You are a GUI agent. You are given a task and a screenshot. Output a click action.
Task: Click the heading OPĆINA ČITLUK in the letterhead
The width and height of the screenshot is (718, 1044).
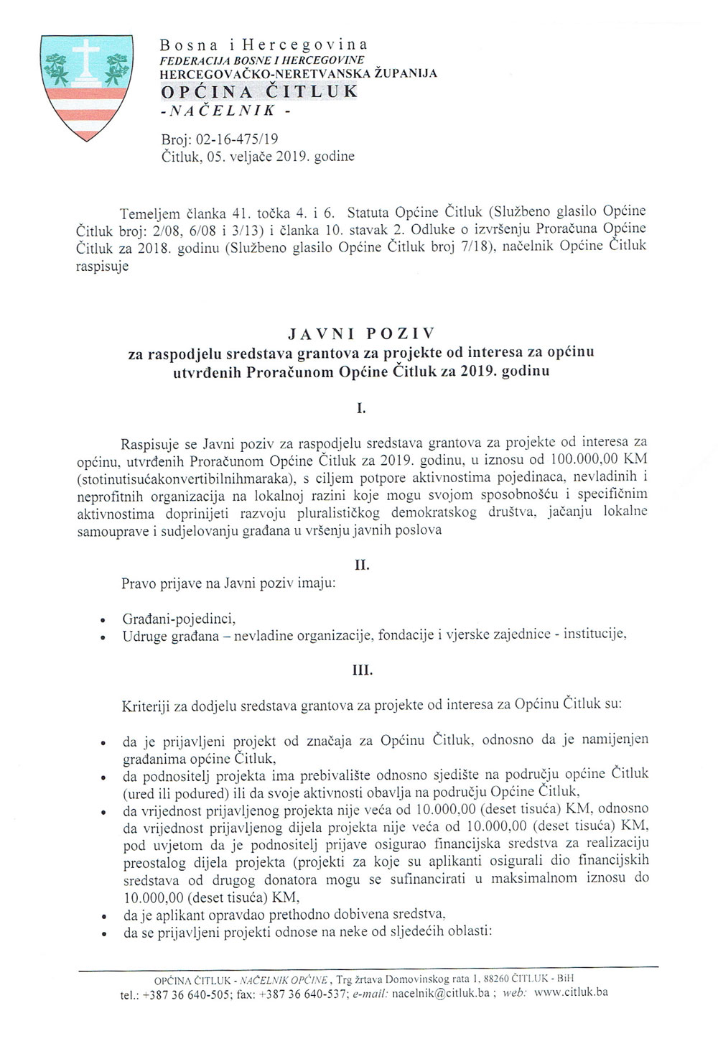click(x=258, y=91)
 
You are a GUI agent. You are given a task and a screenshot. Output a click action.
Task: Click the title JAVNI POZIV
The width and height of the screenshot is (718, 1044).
click(x=361, y=334)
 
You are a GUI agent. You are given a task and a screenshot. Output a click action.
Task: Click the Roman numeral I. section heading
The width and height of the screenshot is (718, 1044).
click(x=361, y=410)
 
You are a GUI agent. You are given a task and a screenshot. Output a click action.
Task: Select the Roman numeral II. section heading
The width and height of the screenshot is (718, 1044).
click(x=361, y=565)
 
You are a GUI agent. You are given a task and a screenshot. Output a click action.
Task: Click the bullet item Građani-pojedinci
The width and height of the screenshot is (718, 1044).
click(x=179, y=619)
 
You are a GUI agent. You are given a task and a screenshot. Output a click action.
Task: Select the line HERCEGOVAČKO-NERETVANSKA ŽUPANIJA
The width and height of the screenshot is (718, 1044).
click(x=298, y=73)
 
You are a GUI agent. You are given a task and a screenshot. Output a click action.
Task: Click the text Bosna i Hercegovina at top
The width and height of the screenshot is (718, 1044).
click(x=264, y=45)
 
